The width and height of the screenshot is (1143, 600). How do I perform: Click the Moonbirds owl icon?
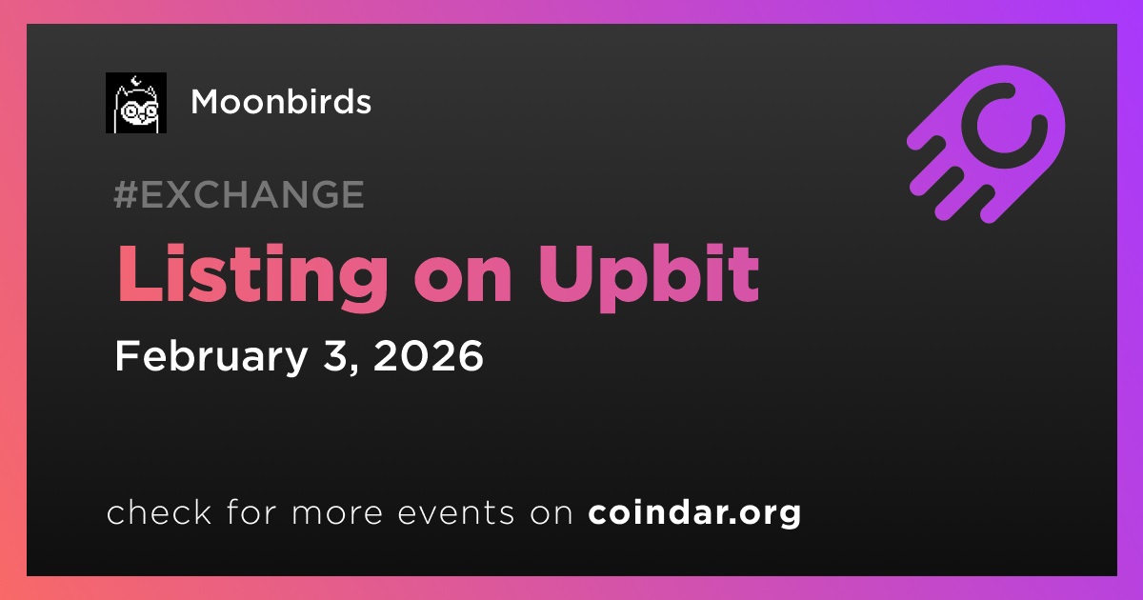(136, 103)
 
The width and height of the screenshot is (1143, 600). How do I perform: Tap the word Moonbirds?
(281, 102)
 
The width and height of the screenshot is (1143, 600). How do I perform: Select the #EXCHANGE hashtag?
(239, 194)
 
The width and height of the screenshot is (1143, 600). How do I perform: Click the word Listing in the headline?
(252, 275)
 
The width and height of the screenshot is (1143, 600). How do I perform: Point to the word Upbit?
(649, 275)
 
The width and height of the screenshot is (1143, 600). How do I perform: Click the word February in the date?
(211, 357)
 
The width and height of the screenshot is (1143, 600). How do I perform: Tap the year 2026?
(428, 355)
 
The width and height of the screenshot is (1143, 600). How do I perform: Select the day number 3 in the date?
(334, 355)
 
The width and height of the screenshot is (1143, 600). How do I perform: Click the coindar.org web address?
(694, 512)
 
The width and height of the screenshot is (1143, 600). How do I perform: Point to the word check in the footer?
(159, 511)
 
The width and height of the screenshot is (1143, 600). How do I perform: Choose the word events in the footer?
(455, 512)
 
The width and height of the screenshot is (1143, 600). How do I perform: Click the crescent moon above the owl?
(135, 81)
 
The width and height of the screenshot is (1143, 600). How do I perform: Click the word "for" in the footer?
(251, 511)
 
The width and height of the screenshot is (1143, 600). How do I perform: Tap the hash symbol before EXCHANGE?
(126, 194)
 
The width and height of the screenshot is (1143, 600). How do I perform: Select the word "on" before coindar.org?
(551, 514)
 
